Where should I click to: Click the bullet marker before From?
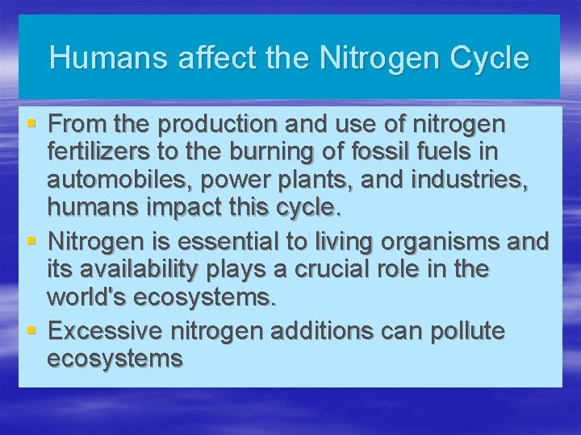[x=31, y=124]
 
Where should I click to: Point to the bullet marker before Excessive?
[x=31, y=330]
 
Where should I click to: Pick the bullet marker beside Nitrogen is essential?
[x=31, y=240]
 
